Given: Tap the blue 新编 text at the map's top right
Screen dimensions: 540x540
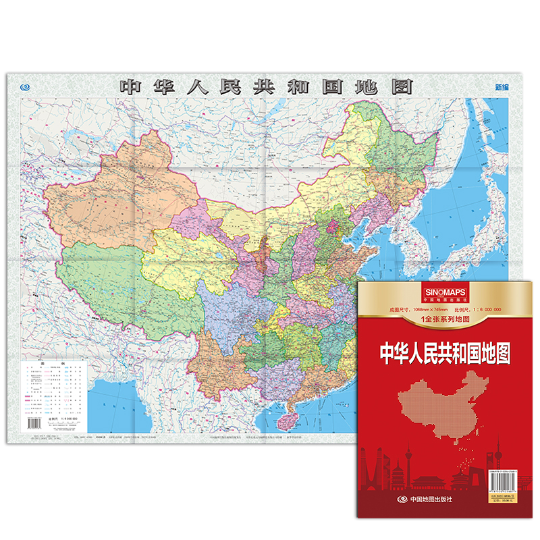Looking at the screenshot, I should coord(502,87).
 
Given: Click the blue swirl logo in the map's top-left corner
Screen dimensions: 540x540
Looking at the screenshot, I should coord(26,86).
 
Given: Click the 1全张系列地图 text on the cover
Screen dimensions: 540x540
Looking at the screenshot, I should coord(446,318).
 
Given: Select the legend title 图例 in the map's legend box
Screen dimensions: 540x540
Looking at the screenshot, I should coord(53,364).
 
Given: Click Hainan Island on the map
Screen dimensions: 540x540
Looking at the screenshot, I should coord(295,417).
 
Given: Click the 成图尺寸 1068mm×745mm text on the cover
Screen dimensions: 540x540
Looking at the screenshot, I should coord(412,309).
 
